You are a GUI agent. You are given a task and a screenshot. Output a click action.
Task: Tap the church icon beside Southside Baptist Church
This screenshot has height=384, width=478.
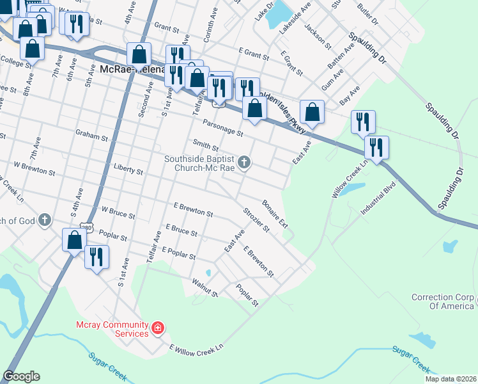click(243, 164)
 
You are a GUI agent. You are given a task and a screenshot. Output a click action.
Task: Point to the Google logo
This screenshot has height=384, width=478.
click(21, 376)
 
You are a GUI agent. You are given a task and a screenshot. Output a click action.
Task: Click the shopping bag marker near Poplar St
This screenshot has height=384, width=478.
click(74, 241)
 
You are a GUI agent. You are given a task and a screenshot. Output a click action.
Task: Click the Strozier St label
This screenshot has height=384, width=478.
click(256, 219)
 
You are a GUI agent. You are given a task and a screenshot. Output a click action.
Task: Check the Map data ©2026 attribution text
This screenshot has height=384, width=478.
click(450, 379)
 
